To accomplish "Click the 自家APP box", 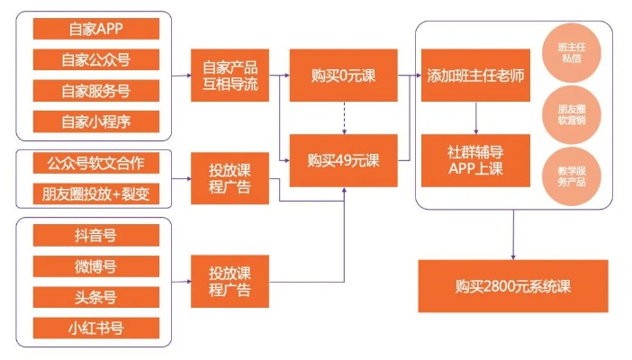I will pos(95,29).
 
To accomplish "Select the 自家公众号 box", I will pos(95,59).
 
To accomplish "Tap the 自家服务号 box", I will pos(95,90).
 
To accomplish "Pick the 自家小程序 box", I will pos(95,121).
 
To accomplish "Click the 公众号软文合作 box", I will pos(95,164).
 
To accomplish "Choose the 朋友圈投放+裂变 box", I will pos(95,193).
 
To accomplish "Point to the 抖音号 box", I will pos(95,236).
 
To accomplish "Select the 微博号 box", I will pos(95,266).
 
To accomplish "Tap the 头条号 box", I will pos(95,297).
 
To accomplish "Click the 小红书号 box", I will pos(95,328).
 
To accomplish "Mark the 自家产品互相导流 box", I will pos(230,76).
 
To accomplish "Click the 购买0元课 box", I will pos(343,76).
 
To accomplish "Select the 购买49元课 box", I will pos(343,161).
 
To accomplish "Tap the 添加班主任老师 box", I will pos(474,76).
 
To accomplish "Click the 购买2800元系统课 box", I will pos(512,286).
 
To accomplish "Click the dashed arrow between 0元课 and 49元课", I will pos(343,118).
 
